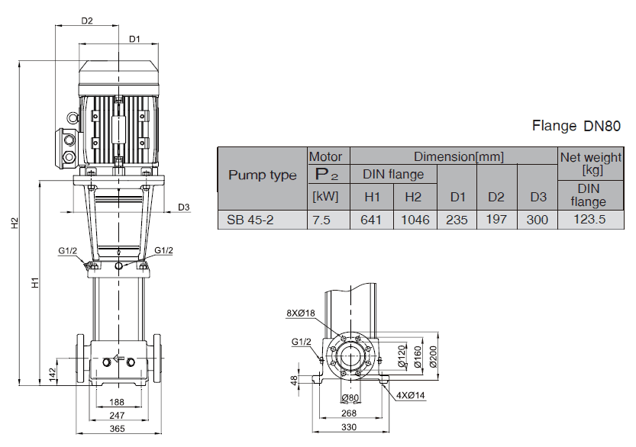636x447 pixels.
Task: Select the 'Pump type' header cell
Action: (x=263, y=175)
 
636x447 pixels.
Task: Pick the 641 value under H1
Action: (x=372, y=220)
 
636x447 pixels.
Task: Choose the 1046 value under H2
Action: (x=416, y=220)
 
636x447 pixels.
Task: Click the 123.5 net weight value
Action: (x=590, y=220)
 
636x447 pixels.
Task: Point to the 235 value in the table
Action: (x=458, y=220)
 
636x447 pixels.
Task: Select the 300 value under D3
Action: (x=538, y=220)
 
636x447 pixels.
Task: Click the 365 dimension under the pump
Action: (x=117, y=429)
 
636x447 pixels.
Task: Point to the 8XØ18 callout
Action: (x=302, y=313)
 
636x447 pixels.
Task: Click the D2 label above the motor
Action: (x=87, y=21)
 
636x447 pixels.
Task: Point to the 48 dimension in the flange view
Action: (x=294, y=381)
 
